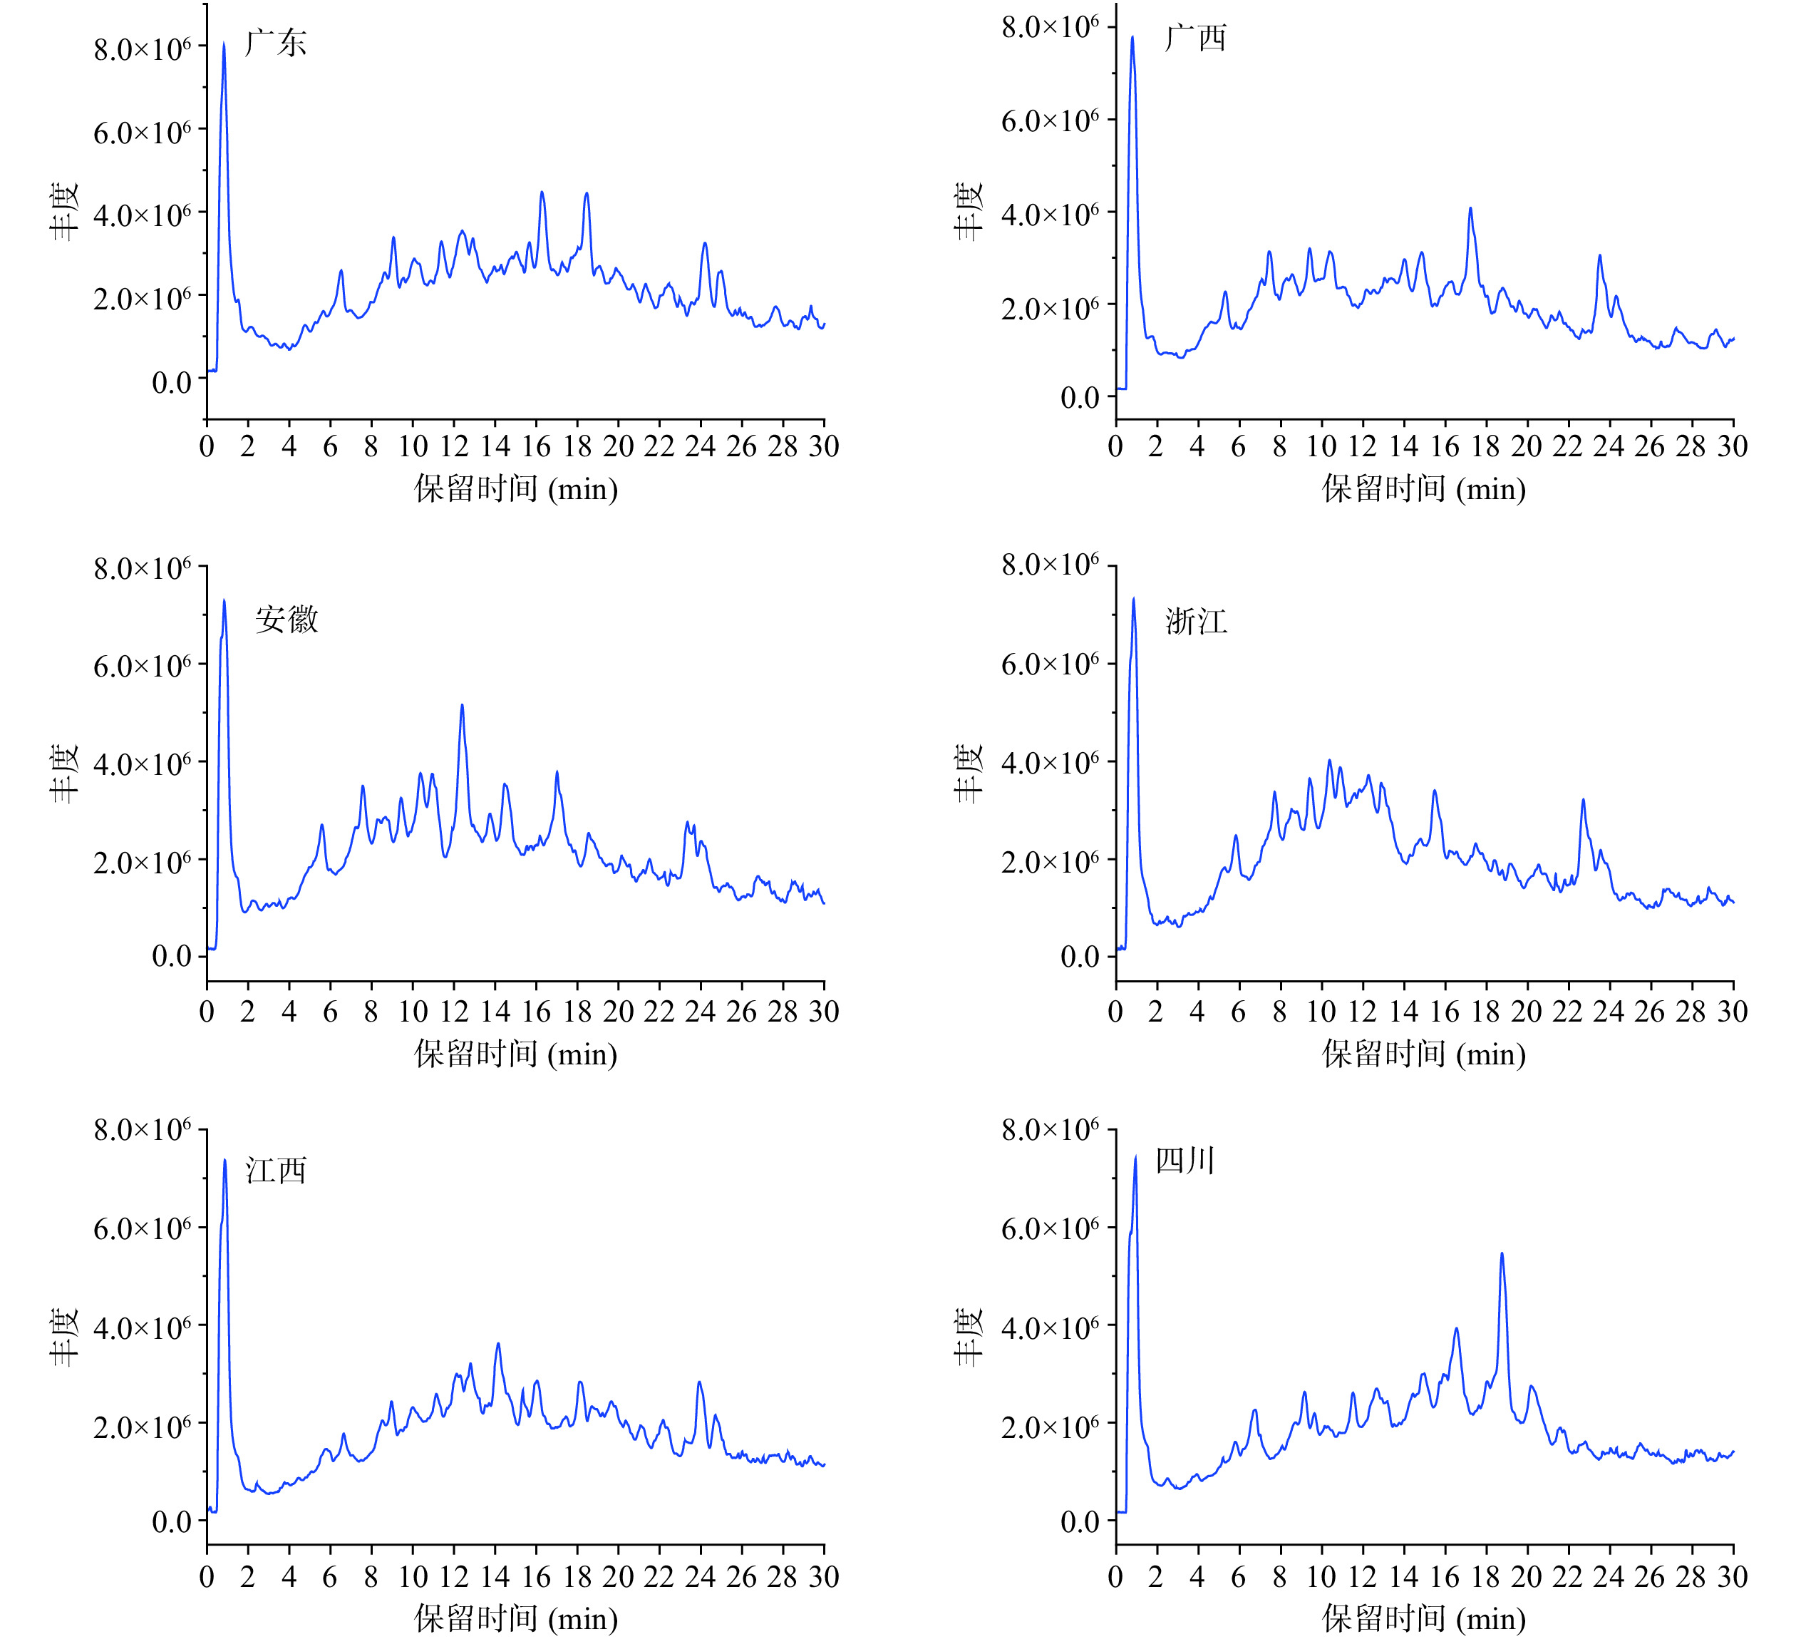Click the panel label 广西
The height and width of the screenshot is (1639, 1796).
1196,38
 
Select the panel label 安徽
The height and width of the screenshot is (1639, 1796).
286,620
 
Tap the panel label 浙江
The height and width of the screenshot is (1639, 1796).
1196,621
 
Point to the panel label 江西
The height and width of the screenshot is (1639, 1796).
277,1170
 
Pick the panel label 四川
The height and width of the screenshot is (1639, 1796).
1185,1161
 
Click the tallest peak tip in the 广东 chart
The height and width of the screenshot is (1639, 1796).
224,43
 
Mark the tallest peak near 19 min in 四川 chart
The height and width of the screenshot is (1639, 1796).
1502,1254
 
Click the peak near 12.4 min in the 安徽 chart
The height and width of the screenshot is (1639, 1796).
462,706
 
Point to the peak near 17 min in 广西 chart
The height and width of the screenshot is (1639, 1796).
1470,209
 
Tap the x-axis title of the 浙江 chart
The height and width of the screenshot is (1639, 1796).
1424,1054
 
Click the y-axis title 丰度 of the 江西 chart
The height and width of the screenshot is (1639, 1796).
64,1337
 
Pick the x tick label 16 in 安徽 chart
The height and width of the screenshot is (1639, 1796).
536,1012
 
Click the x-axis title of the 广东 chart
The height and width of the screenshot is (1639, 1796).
515,488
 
